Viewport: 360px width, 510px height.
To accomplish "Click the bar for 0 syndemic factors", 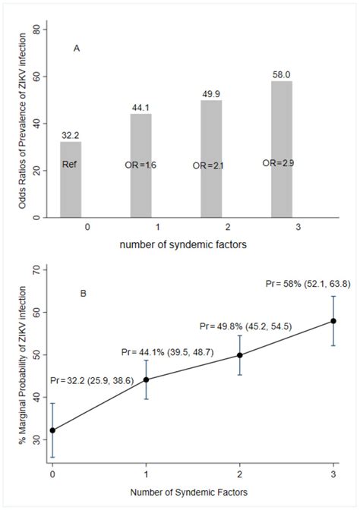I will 71,180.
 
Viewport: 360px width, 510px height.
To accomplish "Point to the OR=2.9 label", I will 279,162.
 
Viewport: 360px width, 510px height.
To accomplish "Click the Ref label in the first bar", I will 71,164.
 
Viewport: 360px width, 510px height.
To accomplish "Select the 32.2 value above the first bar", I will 71,135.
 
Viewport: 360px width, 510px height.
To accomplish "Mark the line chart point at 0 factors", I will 52,430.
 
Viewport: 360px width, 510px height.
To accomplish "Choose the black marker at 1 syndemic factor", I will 146,379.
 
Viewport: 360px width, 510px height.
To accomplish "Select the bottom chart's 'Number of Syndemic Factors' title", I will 192,492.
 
